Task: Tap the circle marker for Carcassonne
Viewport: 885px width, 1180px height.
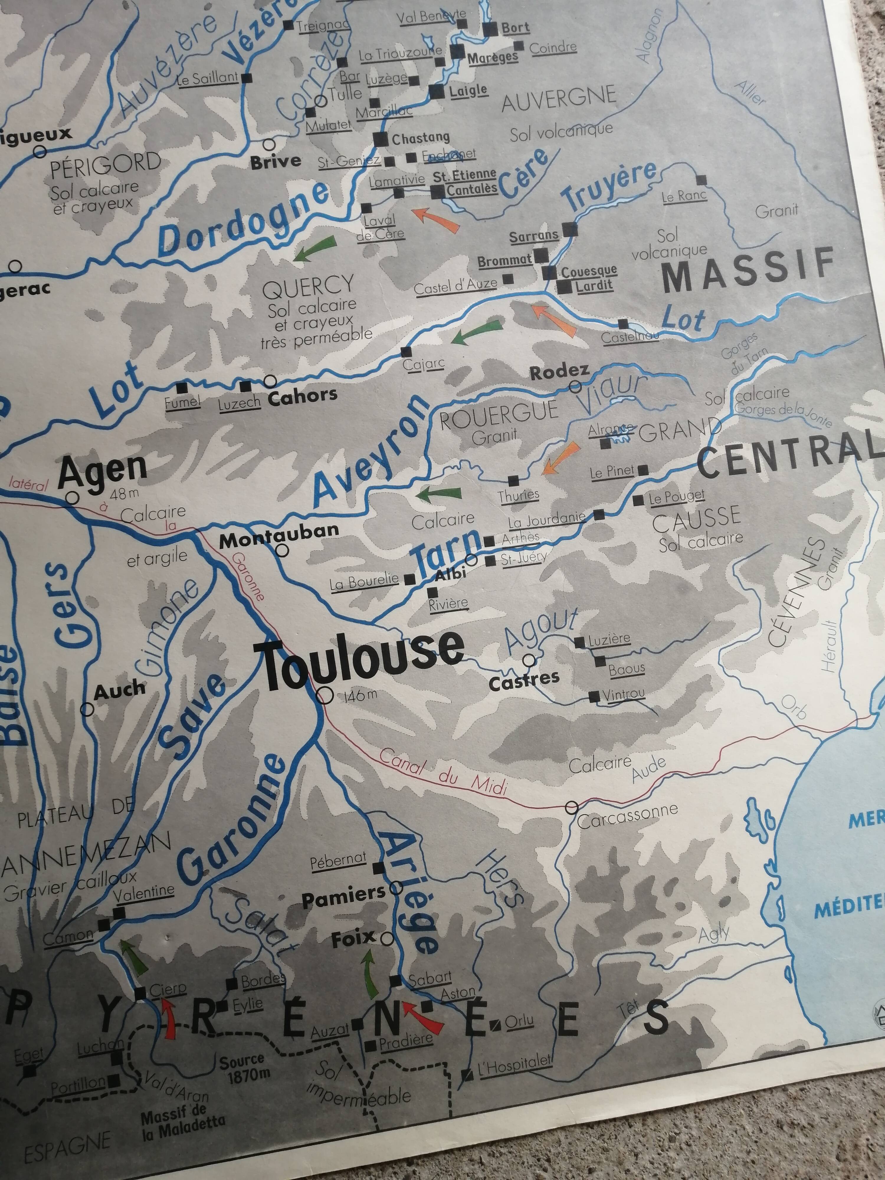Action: click(x=571, y=807)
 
